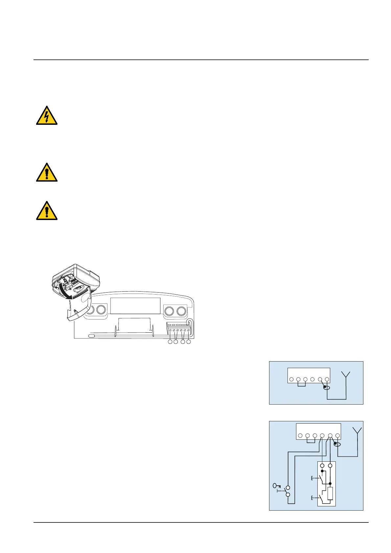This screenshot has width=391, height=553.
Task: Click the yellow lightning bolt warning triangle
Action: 47,116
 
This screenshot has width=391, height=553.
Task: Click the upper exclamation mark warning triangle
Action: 47,173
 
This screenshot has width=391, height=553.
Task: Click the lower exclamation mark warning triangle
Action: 47,211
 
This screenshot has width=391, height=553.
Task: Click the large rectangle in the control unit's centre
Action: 135,306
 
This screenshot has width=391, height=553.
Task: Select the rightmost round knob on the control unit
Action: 181,311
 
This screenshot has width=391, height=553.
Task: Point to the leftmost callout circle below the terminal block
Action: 170,342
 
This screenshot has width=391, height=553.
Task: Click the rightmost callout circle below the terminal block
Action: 189,342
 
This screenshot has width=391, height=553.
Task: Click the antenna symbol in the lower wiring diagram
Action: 357,431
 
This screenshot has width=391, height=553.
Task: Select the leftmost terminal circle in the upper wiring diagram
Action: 291,380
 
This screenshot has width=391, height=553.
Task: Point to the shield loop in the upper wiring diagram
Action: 326,388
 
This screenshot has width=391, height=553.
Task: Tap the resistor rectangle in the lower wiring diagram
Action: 330,494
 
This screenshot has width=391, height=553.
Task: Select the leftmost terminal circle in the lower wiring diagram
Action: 300,436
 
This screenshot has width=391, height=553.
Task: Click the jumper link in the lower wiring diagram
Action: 311,441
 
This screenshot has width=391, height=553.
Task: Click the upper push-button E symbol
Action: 312,479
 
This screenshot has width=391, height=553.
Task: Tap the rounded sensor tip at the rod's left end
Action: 91,336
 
